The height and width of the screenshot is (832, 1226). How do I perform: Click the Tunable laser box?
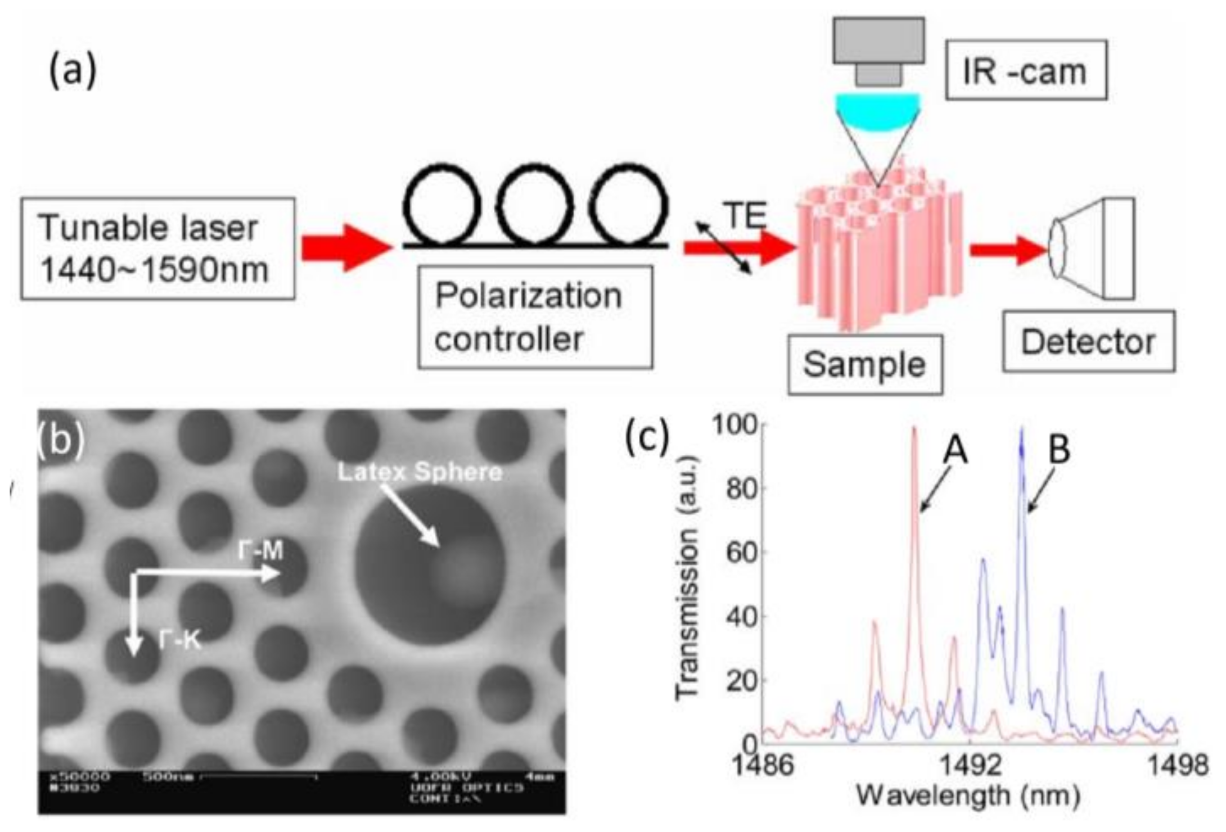coord(157,248)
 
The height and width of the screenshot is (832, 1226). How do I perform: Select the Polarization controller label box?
coord(534,318)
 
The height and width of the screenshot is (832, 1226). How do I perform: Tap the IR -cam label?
coord(1025,70)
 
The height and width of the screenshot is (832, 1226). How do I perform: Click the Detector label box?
coord(1088,342)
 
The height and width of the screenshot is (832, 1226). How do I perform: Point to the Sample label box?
coord(864,364)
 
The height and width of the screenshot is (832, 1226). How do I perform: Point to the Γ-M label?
coord(260,551)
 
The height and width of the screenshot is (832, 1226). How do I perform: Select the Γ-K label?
coord(179,640)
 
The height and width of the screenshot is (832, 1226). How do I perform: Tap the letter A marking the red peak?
coord(955,450)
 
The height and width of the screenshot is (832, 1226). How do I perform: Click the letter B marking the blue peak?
coord(1059,450)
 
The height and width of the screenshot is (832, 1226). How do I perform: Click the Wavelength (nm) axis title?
coord(967,796)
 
